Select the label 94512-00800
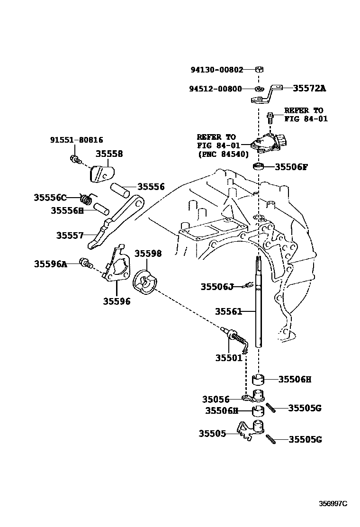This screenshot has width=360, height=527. (216, 89)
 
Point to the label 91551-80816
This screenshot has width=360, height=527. (76, 140)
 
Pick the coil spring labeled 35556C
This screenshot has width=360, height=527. (87, 197)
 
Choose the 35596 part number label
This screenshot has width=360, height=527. (117, 301)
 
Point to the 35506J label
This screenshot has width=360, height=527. (217, 286)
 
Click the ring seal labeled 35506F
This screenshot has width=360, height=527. (259, 167)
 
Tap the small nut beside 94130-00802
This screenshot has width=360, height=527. (259, 70)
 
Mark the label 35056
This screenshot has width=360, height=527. (216, 400)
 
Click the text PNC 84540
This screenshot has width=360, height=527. (220, 154)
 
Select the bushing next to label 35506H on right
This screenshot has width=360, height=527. (259, 380)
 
